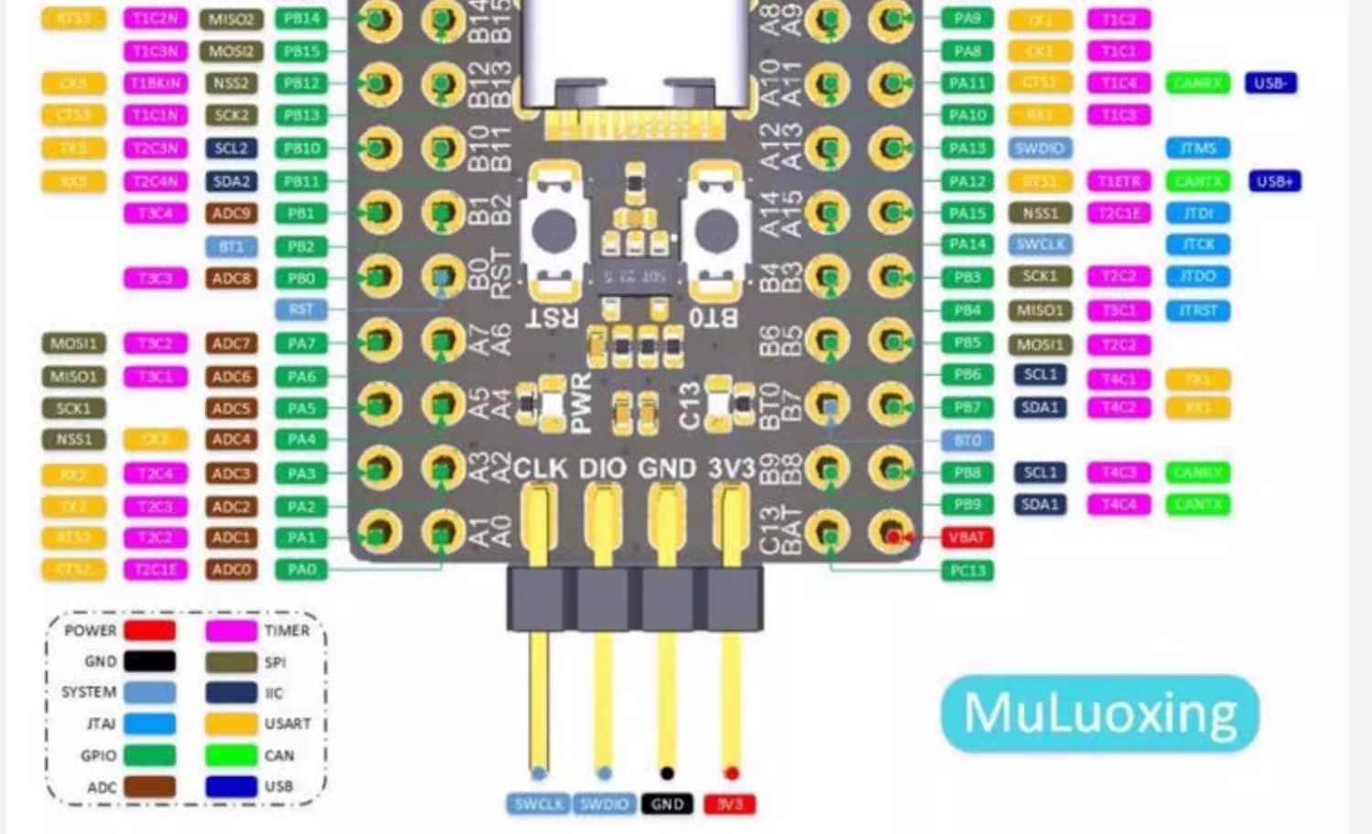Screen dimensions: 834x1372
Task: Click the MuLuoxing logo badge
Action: coord(1099,713)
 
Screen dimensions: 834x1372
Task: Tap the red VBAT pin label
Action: coord(967,538)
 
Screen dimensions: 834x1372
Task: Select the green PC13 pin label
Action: coord(967,572)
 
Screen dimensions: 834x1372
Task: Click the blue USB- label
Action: coord(1270,83)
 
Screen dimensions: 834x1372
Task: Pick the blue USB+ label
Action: coord(1273,181)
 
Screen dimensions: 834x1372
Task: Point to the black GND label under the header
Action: coord(667,804)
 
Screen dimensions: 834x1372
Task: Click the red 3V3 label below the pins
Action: coord(730,804)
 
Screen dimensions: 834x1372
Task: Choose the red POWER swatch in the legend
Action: coord(149,630)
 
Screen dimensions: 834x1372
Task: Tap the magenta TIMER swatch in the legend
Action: coord(230,630)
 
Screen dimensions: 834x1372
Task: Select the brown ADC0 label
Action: coord(230,570)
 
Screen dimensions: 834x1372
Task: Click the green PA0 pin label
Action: coord(301,570)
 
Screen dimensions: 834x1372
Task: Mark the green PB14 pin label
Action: coord(301,18)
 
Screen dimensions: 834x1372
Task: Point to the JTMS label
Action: coord(1197,148)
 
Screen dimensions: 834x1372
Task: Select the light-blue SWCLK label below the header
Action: coord(539,804)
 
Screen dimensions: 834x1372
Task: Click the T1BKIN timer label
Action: coord(155,83)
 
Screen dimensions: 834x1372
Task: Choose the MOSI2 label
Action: coord(230,51)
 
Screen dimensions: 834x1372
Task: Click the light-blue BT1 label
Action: coord(230,246)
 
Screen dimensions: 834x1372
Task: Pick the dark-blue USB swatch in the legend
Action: coord(230,786)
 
